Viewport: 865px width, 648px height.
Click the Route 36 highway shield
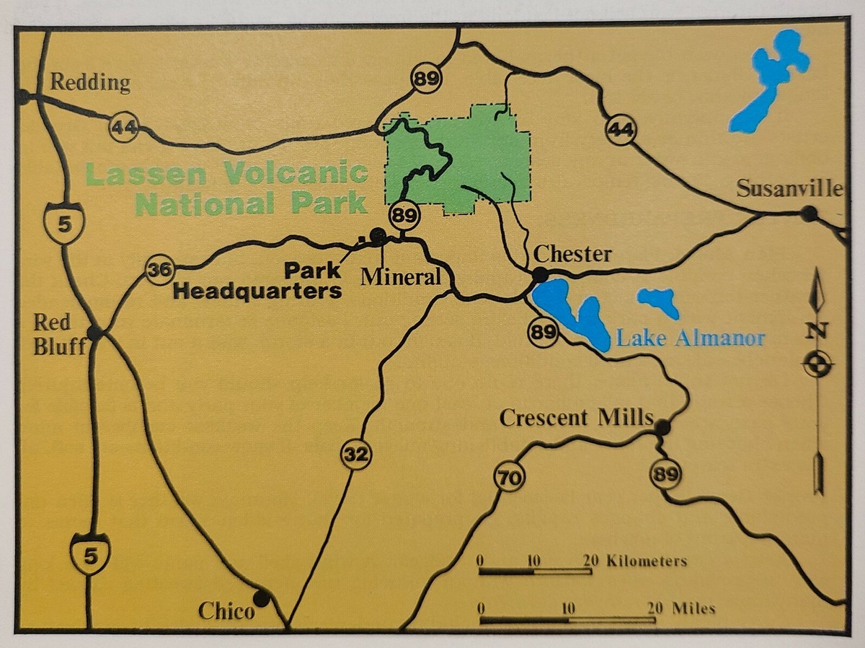point(158,271)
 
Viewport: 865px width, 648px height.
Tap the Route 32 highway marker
point(356,455)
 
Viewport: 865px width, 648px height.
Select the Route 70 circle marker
point(509,477)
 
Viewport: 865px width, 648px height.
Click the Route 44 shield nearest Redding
point(123,128)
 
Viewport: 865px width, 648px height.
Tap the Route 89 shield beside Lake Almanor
point(543,332)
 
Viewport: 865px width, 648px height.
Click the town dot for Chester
point(539,275)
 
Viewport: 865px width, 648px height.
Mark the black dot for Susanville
point(809,214)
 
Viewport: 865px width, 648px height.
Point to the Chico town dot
point(261,598)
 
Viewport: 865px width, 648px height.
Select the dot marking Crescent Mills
point(662,428)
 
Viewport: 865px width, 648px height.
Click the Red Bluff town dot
point(94,333)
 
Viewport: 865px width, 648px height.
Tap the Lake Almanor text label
point(690,338)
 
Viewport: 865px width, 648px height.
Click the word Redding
point(90,83)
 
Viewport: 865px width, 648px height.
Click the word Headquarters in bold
point(258,292)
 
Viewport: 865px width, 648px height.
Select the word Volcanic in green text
point(296,174)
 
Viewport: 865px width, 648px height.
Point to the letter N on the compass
point(817,331)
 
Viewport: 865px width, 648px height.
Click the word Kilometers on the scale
point(647,561)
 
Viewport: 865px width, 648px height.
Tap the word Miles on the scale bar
point(693,608)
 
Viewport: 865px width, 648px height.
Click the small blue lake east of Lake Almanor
point(659,301)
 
